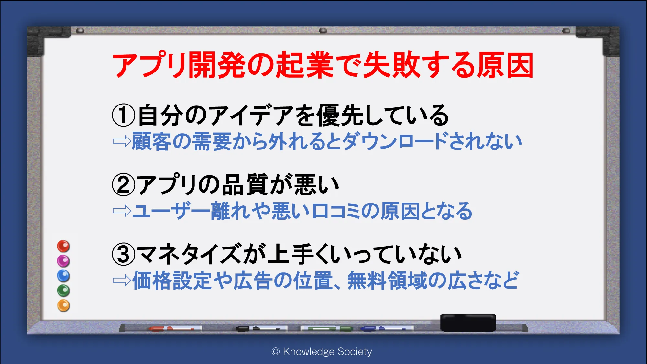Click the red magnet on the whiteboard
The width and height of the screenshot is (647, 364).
[63, 246]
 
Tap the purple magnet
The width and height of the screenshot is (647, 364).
[63, 261]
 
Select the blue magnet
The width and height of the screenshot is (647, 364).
[63, 276]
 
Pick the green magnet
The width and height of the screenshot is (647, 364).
[63, 291]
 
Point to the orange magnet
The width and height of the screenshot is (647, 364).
[63, 305]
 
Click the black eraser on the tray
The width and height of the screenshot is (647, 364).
[468, 323]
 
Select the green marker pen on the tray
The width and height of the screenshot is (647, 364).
[327, 329]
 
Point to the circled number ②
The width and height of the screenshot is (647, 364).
[123, 185]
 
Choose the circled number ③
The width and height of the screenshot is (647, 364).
[123, 254]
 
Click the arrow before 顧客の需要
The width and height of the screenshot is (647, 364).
[122, 141]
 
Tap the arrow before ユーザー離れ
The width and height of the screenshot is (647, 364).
[122, 211]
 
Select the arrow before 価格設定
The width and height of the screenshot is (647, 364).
[122, 281]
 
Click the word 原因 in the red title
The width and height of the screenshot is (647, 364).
[506, 65]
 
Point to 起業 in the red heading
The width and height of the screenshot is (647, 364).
[304, 65]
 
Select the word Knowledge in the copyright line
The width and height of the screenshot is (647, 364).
[309, 351]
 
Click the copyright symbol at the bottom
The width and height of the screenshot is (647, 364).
[276, 352]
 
